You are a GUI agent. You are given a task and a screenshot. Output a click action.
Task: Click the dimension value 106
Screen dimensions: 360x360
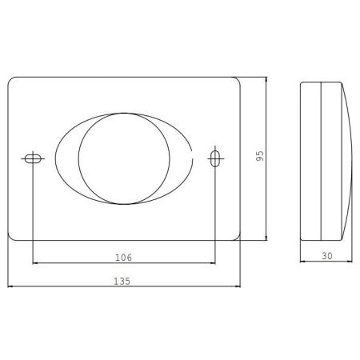point(122,257)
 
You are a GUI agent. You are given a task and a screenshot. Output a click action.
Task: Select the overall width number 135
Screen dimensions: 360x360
point(122,281)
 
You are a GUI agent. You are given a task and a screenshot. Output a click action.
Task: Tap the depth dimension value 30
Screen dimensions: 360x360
point(326,256)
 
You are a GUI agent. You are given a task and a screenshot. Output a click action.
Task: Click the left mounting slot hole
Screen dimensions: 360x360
point(31,158)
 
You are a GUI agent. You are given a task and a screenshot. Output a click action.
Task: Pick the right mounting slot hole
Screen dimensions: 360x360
point(214,158)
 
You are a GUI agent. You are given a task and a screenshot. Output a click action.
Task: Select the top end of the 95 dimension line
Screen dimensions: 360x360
point(266,78)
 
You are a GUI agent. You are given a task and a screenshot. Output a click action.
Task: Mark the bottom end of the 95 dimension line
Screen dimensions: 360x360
point(266,239)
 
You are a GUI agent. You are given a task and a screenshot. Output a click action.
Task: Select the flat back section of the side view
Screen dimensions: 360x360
point(310,158)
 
